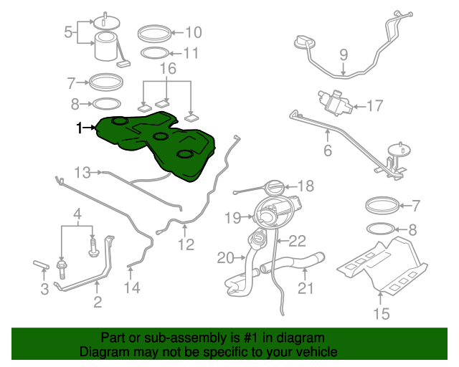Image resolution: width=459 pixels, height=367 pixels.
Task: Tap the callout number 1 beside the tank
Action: click(79, 128)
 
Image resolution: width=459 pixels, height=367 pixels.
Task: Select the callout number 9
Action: click(344, 54)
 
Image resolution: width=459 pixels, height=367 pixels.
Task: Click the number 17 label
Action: click(375, 105)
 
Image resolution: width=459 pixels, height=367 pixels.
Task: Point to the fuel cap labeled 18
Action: click(275, 188)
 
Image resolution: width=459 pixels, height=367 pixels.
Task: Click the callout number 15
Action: click(382, 313)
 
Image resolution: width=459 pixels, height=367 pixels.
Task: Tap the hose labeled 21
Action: click(293, 262)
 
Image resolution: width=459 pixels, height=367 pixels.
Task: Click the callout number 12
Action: click(186, 244)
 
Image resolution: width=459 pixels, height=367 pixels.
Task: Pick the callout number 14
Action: click(132, 287)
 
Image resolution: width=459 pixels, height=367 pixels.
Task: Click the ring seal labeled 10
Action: click(154, 34)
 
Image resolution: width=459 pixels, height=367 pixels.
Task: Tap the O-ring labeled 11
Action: click(155, 53)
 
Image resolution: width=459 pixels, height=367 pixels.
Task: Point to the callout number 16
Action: click(168, 69)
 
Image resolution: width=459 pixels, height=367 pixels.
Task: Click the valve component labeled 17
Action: click(335, 103)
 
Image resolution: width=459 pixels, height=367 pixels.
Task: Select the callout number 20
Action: click(225, 258)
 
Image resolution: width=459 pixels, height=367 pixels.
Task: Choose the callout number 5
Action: click(68, 32)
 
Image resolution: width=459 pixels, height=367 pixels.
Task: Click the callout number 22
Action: click(298, 241)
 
